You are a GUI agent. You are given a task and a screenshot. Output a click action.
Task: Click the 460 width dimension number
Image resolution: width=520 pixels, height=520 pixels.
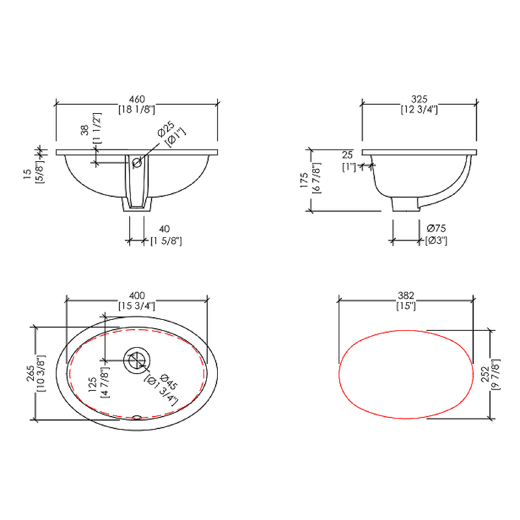(137, 99)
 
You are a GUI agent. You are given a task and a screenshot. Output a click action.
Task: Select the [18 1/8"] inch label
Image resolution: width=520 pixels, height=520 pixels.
(137, 109)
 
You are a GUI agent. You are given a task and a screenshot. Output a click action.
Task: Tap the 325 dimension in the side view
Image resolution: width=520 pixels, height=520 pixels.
(419, 99)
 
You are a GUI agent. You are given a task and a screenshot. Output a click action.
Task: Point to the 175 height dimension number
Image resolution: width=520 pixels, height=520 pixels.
(304, 180)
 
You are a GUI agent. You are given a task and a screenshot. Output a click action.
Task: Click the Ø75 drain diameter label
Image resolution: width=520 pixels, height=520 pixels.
(436, 228)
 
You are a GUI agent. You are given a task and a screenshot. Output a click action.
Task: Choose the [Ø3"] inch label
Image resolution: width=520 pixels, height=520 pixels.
(436, 240)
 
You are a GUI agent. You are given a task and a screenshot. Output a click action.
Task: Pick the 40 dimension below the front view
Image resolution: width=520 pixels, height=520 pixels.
(164, 229)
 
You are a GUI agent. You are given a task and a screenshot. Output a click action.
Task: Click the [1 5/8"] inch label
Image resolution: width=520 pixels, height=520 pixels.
(166, 240)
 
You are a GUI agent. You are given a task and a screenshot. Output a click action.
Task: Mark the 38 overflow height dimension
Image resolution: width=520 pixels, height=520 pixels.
(85, 129)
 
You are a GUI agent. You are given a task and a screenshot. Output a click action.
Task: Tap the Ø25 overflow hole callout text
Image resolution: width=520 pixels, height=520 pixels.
(166, 129)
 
